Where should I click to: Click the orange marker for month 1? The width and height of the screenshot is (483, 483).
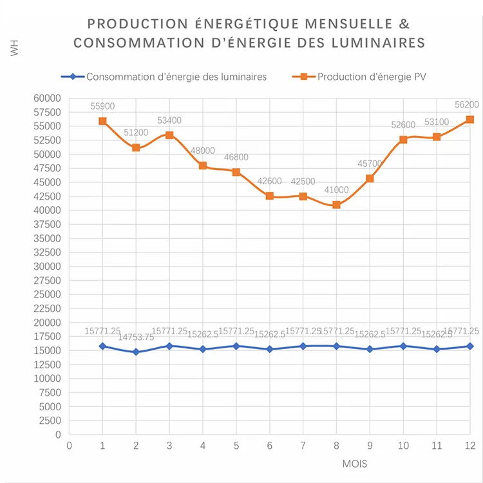pyautogui.click(x=102, y=121)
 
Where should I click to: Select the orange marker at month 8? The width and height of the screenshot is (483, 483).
pyautogui.click(x=336, y=205)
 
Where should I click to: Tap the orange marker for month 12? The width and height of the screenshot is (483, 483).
pyautogui.click(x=470, y=119)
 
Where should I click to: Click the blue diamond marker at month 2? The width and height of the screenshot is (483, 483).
pyautogui.click(x=136, y=352)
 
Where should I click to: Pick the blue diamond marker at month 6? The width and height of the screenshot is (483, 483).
pyautogui.click(x=270, y=349)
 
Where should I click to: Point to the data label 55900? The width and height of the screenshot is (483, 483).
pyautogui.click(x=102, y=106)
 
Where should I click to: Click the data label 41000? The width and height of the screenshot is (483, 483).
pyautogui.click(x=336, y=190)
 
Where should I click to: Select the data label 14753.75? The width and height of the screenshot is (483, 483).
pyautogui.click(x=136, y=337)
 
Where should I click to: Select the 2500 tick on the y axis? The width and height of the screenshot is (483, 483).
pyautogui.click(x=50, y=421)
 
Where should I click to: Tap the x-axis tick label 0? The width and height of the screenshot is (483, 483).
pyautogui.click(x=69, y=446)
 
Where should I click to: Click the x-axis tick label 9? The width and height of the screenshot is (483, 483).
pyautogui.click(x=370, y=446)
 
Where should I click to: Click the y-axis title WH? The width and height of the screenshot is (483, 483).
pyautogui.click(x=15, y=49)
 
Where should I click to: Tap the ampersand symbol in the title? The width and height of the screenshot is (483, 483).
pyautogui.click(x=404, y=24)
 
